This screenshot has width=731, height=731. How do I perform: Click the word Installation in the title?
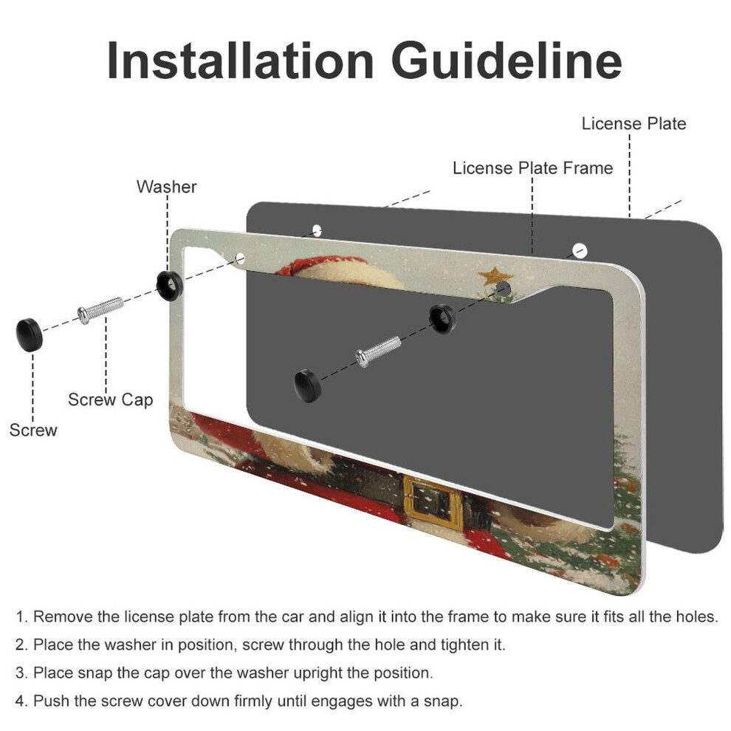(240, 61)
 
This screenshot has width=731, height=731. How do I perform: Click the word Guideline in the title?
(507, 61)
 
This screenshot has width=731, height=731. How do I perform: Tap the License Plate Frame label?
(532, 168)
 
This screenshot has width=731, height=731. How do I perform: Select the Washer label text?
(166, 187)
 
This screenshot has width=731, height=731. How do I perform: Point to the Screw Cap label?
(111, 400)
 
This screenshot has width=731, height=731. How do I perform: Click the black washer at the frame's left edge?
(169, 285)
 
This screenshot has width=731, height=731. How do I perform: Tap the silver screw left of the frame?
(100, 310)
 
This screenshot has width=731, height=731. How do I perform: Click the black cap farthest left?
(30, 334)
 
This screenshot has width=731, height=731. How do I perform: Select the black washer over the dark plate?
(442, 318)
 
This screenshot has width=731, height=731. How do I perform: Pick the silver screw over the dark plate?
(378, 351)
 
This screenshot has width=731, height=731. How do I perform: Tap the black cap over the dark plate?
(308, 385)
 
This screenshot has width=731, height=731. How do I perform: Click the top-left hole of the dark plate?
(317, 230)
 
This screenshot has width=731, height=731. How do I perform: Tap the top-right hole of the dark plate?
(580, 250)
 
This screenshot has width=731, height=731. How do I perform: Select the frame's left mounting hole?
(240, 258)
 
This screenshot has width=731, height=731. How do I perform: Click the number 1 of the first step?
(21, 617)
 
